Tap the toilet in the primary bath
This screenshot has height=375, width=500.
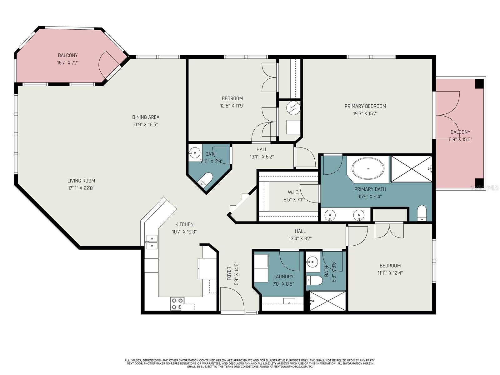pos(422,213)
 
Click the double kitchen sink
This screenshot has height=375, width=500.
pos(152,242)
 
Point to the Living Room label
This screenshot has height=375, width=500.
pos(81,181)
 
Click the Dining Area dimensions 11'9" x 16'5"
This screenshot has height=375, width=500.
pos(146,125)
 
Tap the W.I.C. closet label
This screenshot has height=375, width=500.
pos(293,192)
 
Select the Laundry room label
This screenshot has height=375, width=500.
pos(283,277)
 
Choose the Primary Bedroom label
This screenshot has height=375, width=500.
pos(365,106)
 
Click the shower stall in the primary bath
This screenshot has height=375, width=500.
pos(411,169)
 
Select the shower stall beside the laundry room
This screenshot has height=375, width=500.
pos(327,301)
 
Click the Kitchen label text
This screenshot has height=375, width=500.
pos(184,224)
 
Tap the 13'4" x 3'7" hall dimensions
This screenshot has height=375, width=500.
pos(300,238)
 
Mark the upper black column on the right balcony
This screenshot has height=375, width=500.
pos(479,84)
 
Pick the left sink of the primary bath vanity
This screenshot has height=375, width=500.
pos(330,215)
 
